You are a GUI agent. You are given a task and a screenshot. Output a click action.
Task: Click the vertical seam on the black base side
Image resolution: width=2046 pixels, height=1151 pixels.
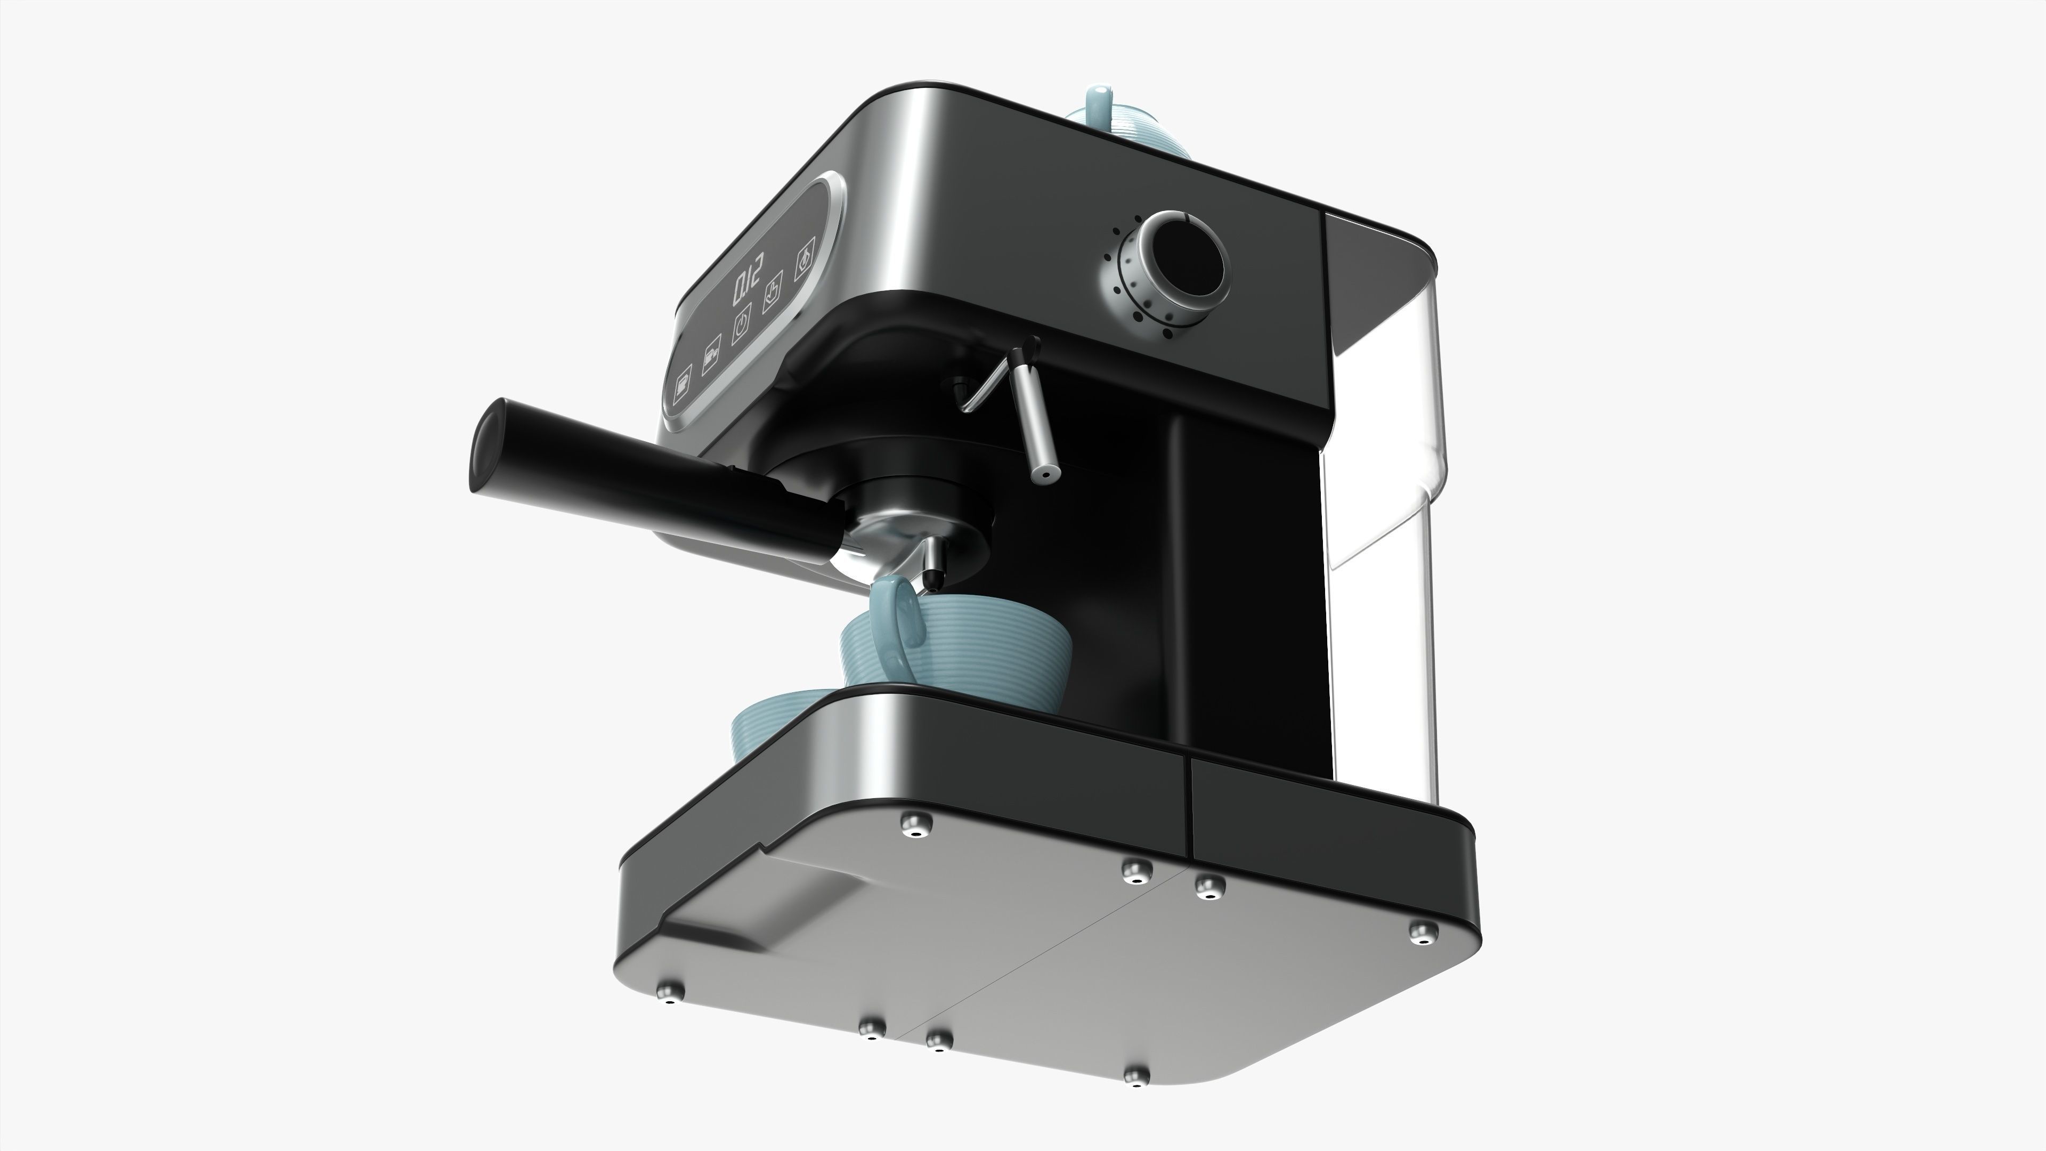[x=1190, y=806]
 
